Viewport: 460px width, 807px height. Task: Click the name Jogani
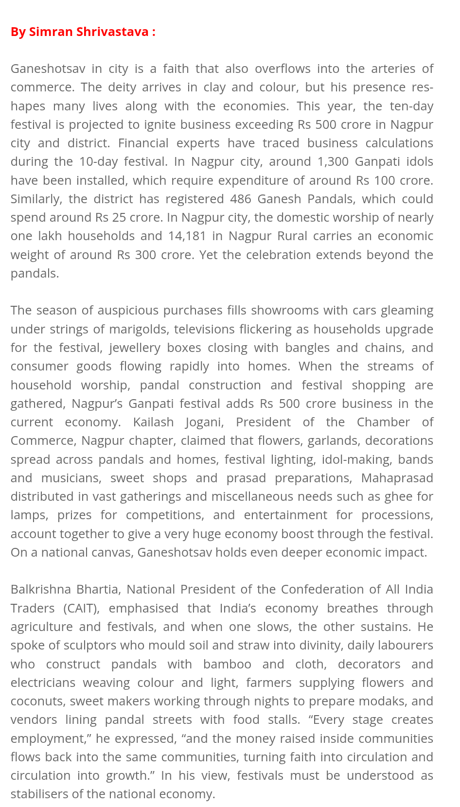204,422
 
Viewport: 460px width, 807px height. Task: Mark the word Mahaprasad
397,478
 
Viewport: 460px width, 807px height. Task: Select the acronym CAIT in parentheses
81,608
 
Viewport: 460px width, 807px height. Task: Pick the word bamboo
227,664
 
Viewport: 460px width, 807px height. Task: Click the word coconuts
37,701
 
